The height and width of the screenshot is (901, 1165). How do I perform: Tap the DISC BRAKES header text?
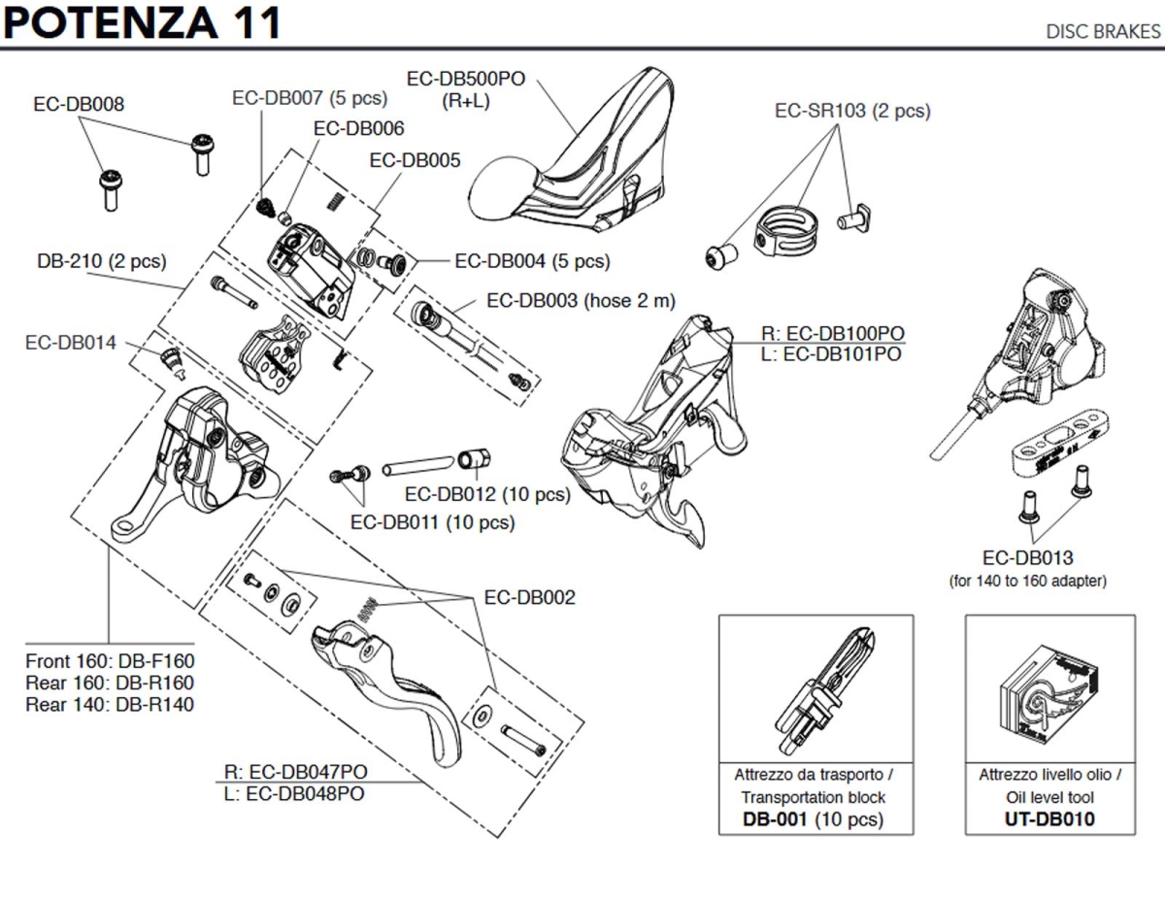[x=1102, y=31]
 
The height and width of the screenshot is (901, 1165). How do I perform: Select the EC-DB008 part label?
[x=78, y=104]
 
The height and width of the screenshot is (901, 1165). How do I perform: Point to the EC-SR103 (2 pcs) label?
[x=851, y=111]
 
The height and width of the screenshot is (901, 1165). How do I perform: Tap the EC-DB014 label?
[x=70, y=343]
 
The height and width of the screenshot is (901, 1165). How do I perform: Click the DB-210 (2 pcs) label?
[x=101, y=261]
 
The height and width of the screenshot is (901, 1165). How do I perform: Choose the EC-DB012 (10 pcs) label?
[x=487, y=493]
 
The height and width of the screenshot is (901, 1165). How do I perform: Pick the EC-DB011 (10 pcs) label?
[x=432, y=522]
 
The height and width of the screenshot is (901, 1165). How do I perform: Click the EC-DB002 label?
[x=529, y=597]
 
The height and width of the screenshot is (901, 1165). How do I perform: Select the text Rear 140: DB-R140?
[x=109, y=704]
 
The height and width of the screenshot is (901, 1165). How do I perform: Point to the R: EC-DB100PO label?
[x=831, y=334]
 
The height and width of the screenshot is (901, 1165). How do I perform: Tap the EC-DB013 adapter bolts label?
[x=1027, y=558]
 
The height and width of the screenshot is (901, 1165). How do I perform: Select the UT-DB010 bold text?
[x=1049, y=818]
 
